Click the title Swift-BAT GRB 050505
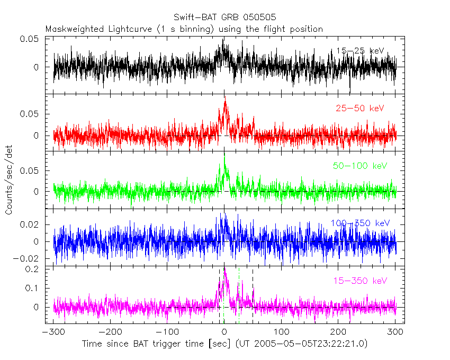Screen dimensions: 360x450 coord(224,17)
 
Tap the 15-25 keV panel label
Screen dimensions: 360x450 coord(360,51)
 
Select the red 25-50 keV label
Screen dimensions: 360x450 coord(360,109)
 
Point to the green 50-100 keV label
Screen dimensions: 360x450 coord(360,166)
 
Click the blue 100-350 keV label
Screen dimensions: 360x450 coord(360,223)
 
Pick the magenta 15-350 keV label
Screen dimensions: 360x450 coord(360,281)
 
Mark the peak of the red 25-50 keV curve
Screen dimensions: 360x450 coord(226,101)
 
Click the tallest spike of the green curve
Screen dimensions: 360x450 coord(224,154)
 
